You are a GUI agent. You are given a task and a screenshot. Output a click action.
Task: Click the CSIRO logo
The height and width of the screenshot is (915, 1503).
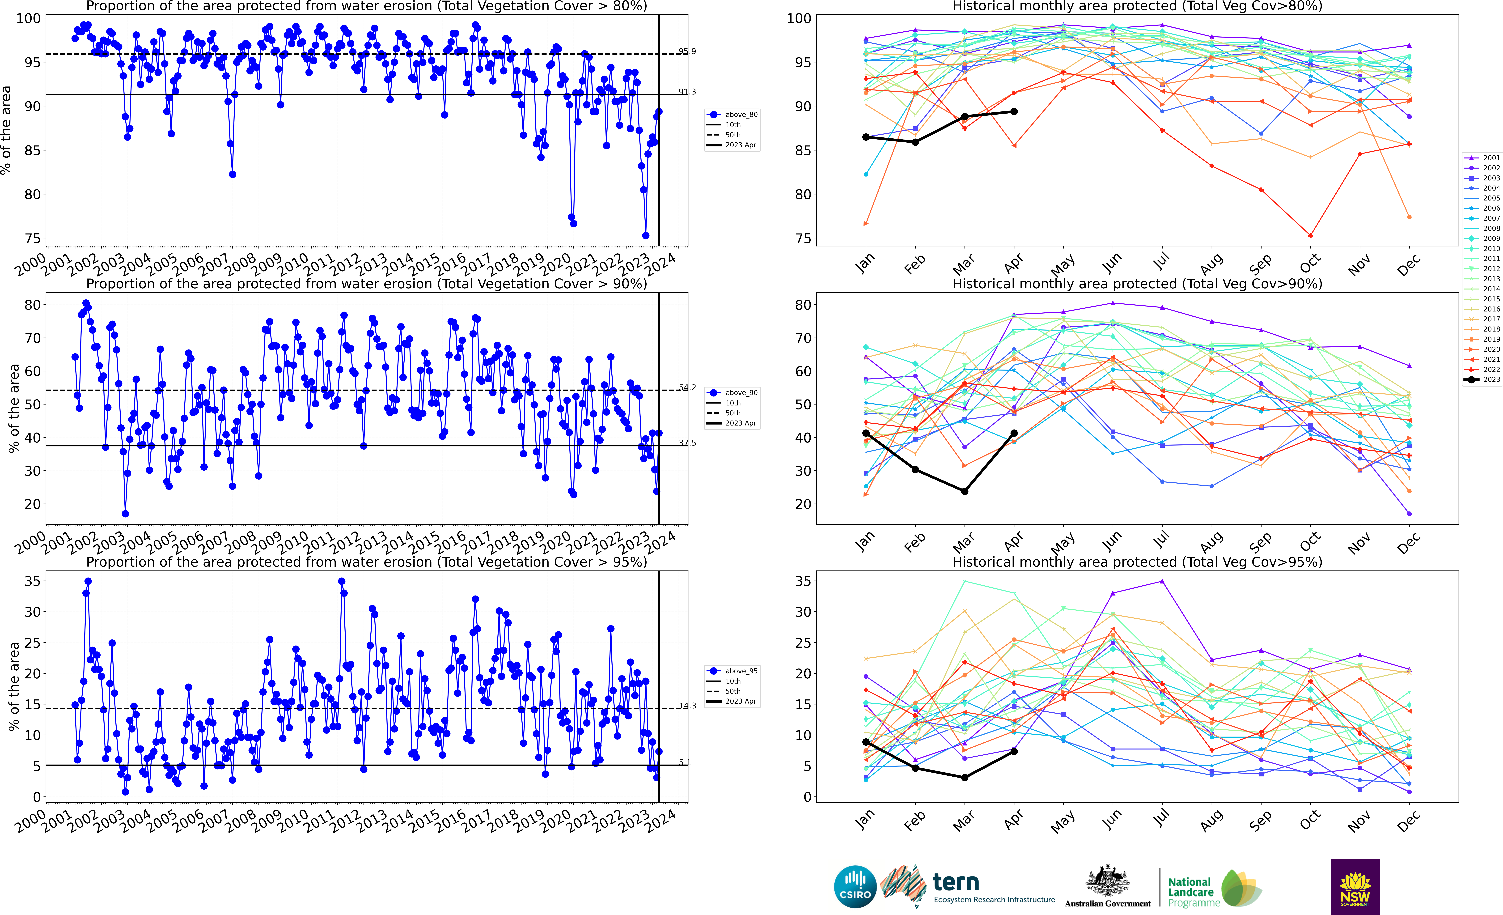855,886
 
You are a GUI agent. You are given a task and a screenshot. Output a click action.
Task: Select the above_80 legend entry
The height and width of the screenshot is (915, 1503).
732,115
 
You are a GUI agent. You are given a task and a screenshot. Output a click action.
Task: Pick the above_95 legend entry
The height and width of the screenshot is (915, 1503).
732,671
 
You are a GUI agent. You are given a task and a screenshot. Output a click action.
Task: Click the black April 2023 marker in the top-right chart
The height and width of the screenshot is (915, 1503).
1014,112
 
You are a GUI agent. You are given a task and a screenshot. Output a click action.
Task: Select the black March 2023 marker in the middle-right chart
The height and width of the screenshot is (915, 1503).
964,491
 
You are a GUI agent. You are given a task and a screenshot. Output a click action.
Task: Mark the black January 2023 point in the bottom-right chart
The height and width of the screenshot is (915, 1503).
866,742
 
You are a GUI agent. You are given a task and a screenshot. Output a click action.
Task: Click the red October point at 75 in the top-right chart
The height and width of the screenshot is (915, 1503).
1310,235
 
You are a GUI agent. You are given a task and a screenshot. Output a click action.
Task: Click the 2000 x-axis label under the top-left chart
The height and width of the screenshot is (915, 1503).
30,265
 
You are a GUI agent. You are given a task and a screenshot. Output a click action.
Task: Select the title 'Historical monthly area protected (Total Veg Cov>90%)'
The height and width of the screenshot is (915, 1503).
1137,284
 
